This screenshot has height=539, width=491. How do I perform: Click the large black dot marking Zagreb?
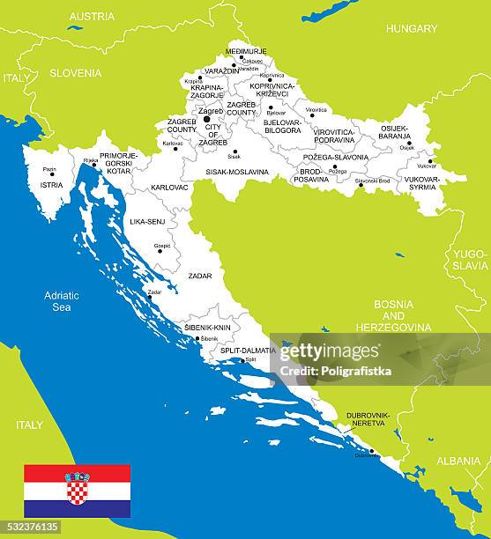[x=207, y=119]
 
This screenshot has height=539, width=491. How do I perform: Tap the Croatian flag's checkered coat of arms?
[x=77, y=488]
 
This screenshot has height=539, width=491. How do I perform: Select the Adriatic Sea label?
[x=62, y=301]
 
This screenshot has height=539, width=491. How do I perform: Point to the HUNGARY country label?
[x=411, y=29]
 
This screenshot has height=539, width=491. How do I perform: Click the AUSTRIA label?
[x=92, y=16]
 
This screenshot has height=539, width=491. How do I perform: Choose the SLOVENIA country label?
[x=75, y=73]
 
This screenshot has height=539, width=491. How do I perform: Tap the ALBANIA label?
[x=458, y=461]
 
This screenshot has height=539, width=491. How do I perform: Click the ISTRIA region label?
[x=52, y=185]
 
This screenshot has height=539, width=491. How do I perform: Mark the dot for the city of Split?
[x=242, y=360]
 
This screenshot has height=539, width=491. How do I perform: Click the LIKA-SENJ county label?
[x=147, y=221]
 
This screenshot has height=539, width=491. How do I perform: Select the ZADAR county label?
[x=199, y=276]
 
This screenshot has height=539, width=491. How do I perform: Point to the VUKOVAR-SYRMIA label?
[x=421, y=182]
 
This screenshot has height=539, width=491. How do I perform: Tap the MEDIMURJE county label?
[x=246, y=51]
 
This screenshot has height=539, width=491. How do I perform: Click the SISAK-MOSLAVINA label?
[x=237, y=172]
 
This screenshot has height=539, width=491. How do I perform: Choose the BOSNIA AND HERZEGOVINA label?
[x=393, y=315]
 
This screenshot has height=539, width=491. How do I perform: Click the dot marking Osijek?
[x=408, y=143]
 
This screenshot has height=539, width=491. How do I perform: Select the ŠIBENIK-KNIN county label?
[x=207, y=327]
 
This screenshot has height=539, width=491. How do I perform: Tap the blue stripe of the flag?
[x=77, y=508]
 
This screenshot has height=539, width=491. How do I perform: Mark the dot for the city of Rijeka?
[x=95, y=164]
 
